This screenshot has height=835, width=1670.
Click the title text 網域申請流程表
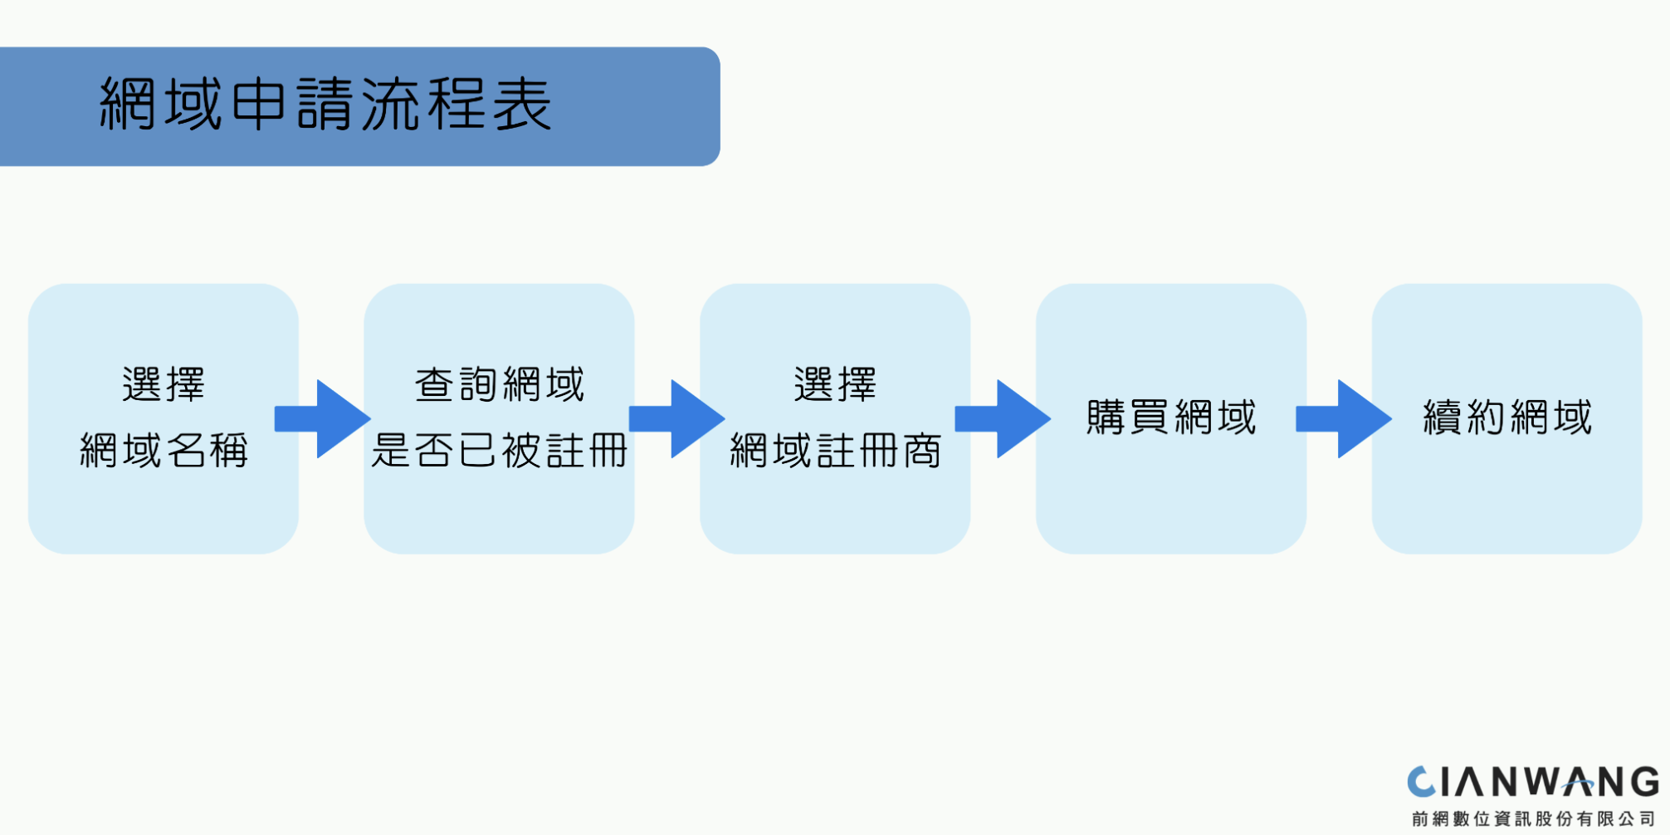pyautogui.click(x=325, y=105)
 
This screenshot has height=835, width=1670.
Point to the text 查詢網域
pyautogui.click(x=500, y=385)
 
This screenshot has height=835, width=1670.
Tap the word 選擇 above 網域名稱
pyautogui.click(x=164, y=385)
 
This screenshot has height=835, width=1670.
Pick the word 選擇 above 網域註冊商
pyautogui.click(x=835, y=385)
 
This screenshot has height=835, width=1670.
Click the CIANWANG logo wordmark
pyautogui.click(x=1533, y=783)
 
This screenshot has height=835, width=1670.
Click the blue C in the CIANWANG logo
pyautogui.click(x=1421, y=783)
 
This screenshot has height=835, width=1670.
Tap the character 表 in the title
pyautogui.click(x=522, y=105)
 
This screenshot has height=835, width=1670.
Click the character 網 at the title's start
pyautogui.click(x=127, y=105)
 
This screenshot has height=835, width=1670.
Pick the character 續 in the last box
pyautogui.click(x=1443, y=417)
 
